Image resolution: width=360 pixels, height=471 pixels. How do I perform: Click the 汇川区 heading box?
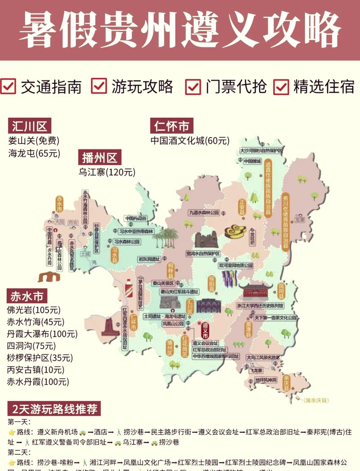[30, 126]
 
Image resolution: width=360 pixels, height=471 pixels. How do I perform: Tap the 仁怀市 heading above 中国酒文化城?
[172, 126]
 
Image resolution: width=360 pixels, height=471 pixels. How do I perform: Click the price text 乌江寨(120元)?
[107, 172]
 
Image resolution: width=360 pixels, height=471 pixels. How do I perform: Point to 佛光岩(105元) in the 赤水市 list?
[33, 310]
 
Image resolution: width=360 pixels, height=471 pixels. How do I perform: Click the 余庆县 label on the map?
[286, 383]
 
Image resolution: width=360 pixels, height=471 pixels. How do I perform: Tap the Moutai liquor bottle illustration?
[129, 288]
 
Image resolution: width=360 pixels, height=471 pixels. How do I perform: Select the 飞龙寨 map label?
[256, 370]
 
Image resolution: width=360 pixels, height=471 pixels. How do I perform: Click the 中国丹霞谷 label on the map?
[136, 218]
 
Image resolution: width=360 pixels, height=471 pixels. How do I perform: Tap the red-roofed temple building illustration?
[255, 290]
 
